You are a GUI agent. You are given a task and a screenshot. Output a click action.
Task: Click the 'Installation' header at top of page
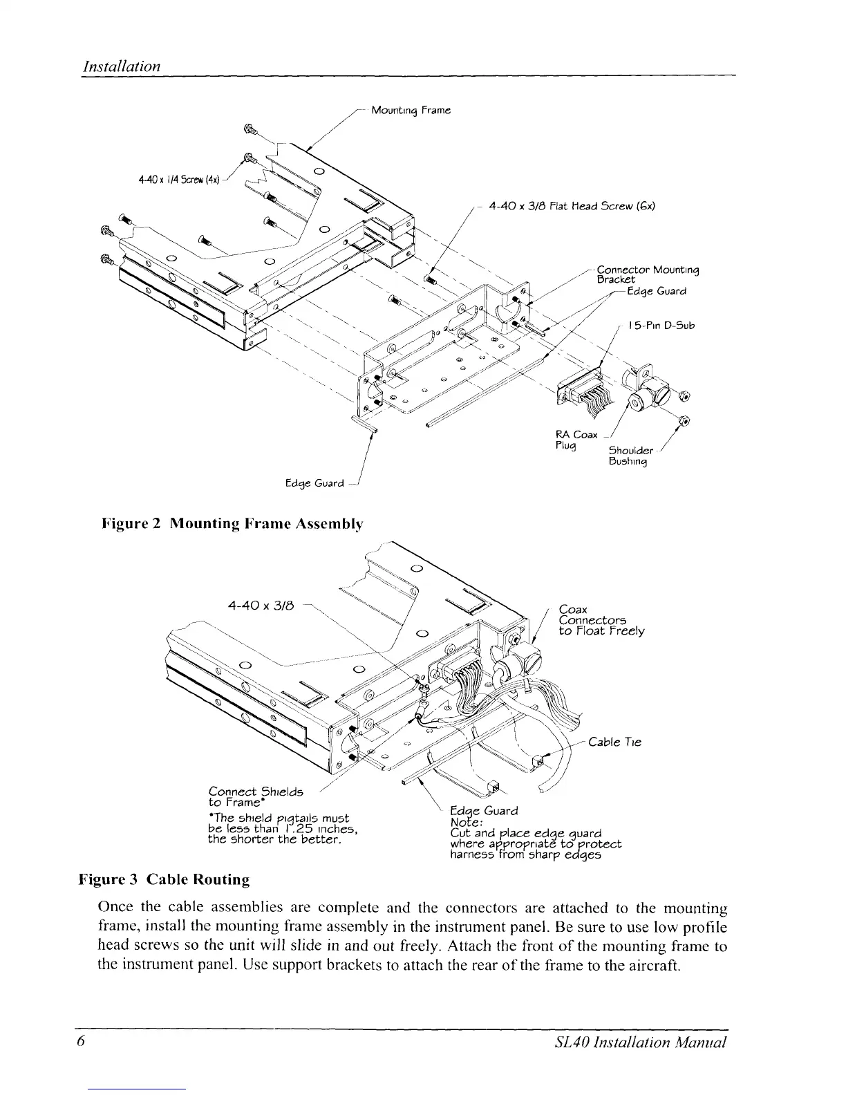tap(122, 66)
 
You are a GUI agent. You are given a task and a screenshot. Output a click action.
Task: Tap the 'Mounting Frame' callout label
tap(411, 110)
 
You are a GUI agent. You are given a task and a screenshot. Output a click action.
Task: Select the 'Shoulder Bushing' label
tap(628, 457)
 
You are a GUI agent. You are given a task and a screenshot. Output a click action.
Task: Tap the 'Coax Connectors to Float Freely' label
tap(601, 620)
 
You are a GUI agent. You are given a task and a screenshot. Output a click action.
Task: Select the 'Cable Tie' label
tap(614, 742)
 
